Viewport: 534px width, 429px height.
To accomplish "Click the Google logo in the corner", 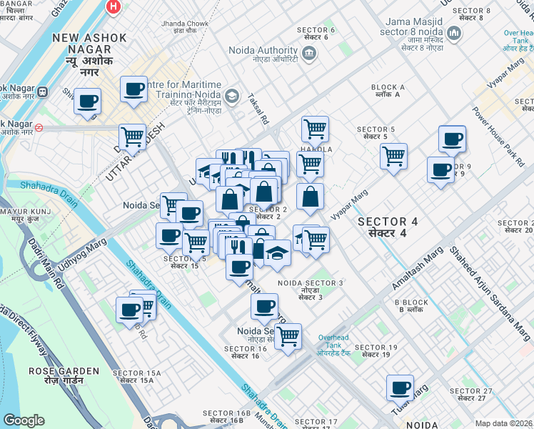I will tap(24, 420).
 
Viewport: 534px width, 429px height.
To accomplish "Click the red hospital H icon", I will tap(113, 6).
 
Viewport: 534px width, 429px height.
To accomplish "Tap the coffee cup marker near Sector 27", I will tap(400, 388).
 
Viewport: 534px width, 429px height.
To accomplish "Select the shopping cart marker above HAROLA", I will tap(314, 129).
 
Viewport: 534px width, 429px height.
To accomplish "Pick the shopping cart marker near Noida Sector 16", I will tap(288, 335).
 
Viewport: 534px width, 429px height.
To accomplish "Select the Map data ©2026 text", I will tap(503, 423).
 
